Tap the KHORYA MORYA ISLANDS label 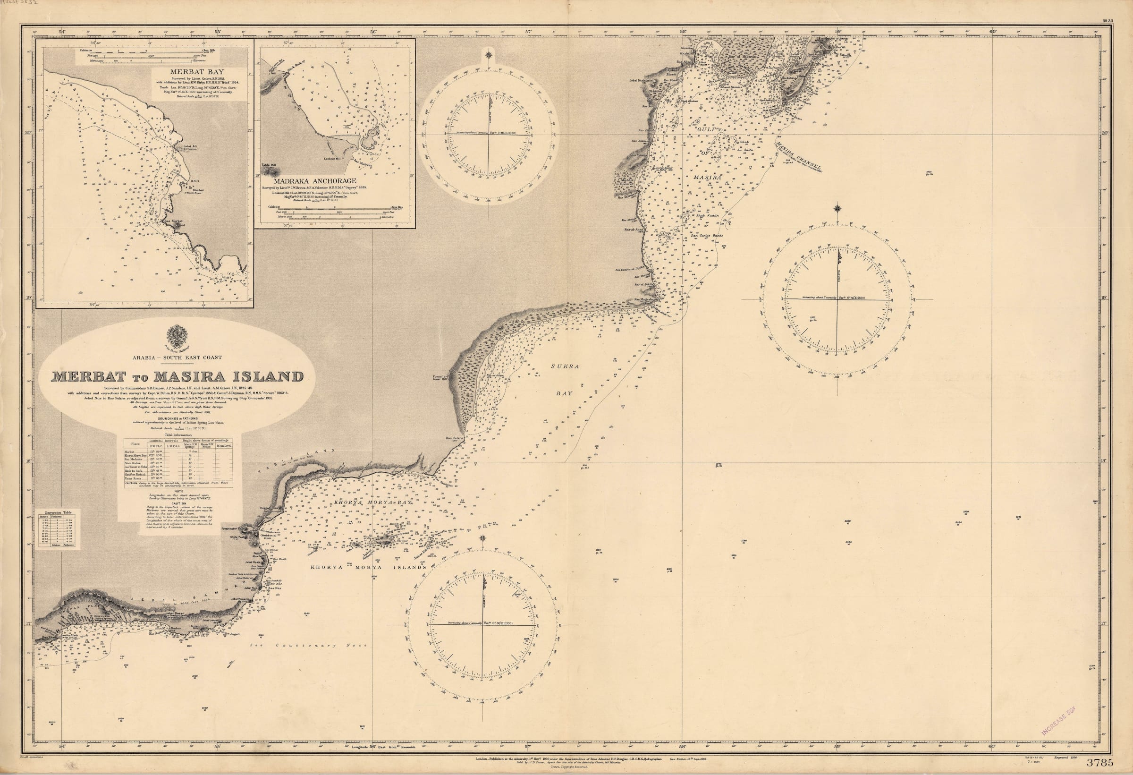(x=369, y=567)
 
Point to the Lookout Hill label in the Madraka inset (x=334, y=158)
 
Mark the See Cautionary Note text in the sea (x=307, y=645)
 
